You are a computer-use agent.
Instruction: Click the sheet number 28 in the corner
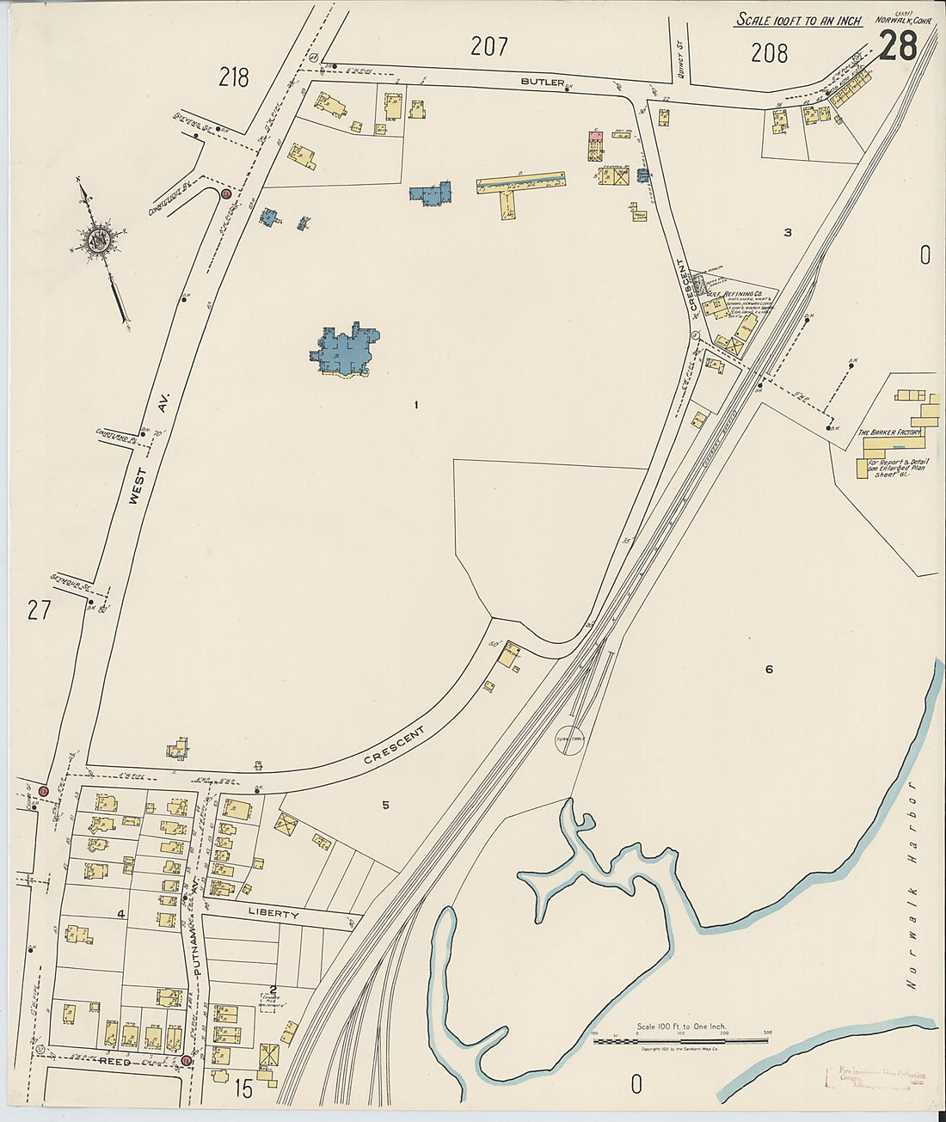pyautogui.click(x=898, y=45)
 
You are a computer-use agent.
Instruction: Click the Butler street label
pyautogui.click(x=543, y=83)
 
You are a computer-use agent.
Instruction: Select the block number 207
pyautogui.click(x=489, y=46)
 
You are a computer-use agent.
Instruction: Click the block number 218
pyautogui.click(x=233, y=78)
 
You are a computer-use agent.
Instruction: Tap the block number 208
pyautogui.click(x=769, y=53)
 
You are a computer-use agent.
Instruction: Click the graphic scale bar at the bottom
pyautogui.click(x=681, y=1041)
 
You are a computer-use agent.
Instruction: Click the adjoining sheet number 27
pyautogui.click(x=39, y=610)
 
